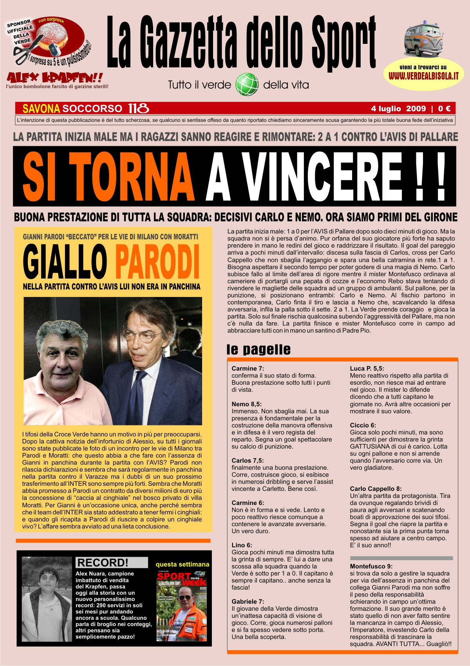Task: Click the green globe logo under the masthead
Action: pos(247,84)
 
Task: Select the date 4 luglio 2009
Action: pos(398,109)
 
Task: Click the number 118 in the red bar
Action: pos(138,109)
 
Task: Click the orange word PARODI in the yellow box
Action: pos(157,261)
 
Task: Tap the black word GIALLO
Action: pos(65,261)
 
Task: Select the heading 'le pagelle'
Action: pos(258,349)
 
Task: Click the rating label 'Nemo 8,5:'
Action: pos(246,404)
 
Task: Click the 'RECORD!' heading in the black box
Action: pos(103,563)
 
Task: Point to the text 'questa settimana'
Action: pos(183,564)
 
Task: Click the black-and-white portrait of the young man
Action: pos(47,599)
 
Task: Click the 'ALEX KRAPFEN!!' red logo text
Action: pos(55,78)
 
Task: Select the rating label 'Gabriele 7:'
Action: pos(248,601)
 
